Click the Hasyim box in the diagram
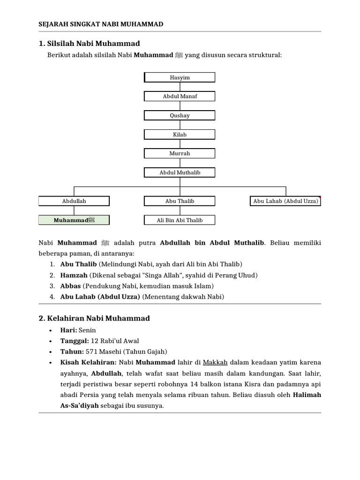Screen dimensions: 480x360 180,77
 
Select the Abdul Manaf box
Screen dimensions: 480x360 180,97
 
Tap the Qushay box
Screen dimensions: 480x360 180,116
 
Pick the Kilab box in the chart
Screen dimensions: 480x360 180,135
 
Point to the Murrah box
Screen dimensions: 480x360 180,153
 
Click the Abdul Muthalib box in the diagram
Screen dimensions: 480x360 180,172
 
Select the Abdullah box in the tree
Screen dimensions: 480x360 74,201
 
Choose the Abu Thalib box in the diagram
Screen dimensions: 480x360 180,201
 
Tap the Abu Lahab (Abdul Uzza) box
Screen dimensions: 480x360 285,201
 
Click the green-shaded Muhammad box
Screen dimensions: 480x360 74,220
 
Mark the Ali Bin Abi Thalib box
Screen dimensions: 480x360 180,220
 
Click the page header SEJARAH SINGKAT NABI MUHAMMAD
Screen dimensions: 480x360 101,24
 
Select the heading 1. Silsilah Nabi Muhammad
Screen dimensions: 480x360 89,44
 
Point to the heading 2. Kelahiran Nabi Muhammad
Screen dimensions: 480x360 94,318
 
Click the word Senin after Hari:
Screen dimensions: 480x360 88,330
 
